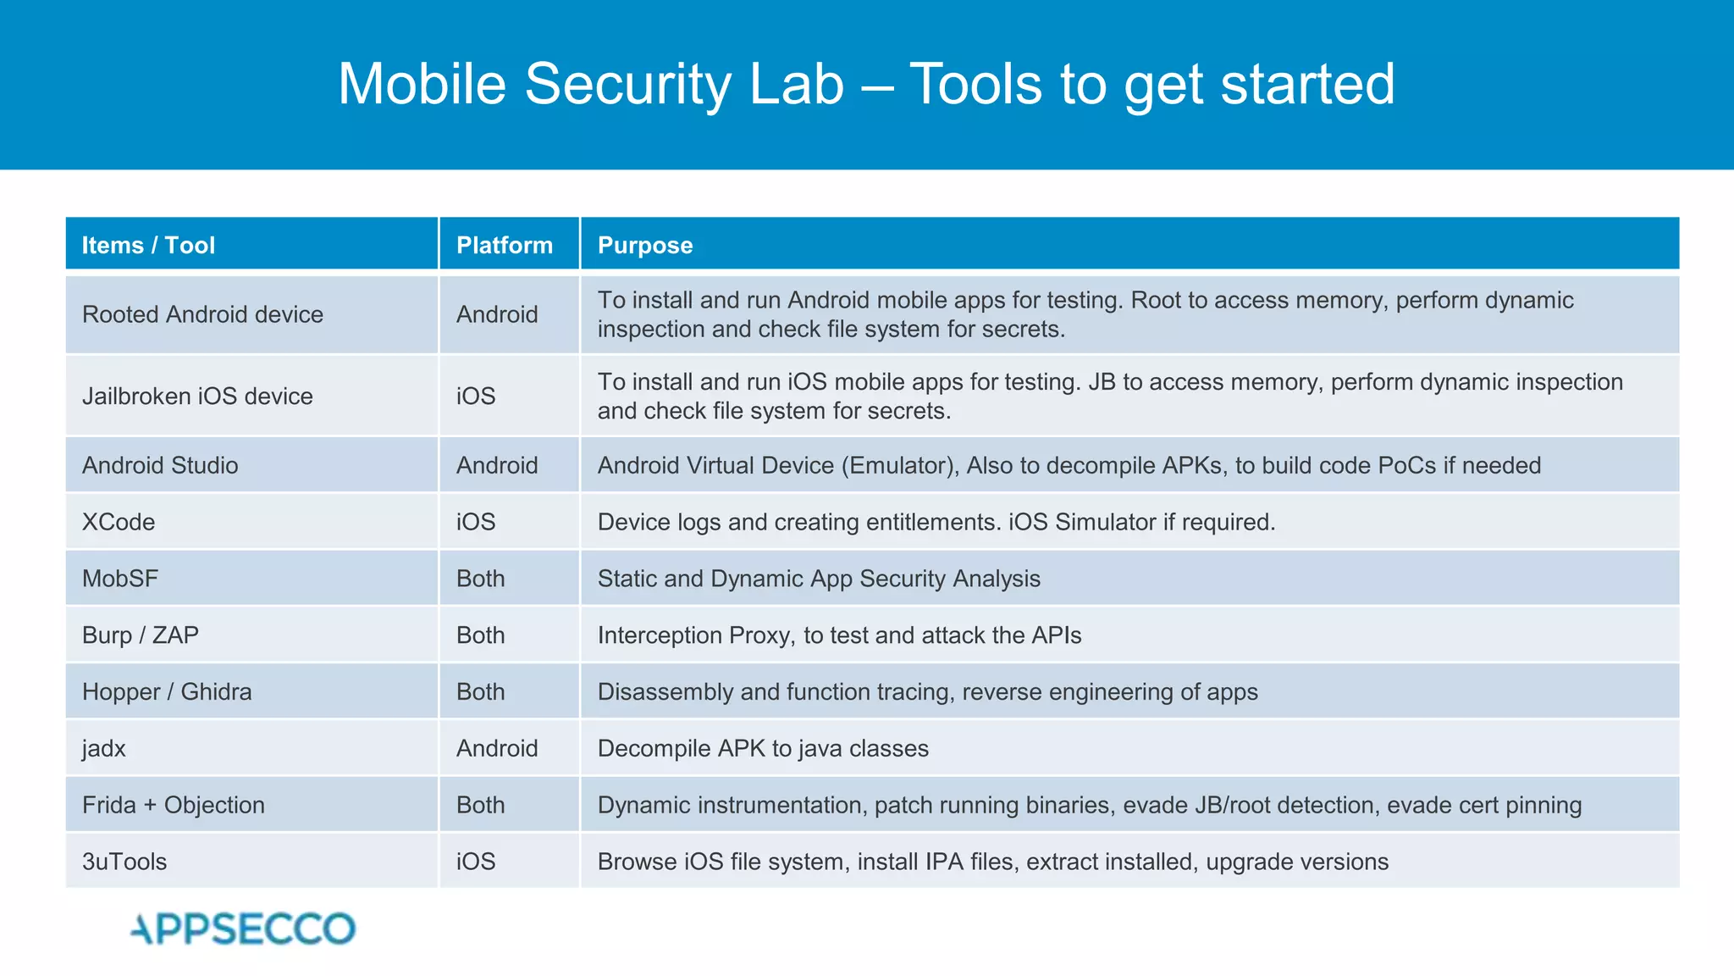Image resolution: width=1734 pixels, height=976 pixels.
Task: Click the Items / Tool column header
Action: [148, 245]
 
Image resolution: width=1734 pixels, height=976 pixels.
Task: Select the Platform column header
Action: [504, 245]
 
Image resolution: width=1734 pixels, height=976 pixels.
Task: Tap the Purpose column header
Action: [645, 245]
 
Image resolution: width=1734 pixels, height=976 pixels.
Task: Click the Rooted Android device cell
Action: [202, 314]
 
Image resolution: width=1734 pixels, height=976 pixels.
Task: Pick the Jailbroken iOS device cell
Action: [197, 396]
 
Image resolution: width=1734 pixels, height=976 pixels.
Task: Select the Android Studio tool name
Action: [160, 465]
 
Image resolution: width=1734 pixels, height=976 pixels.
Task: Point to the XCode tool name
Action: [119, 522]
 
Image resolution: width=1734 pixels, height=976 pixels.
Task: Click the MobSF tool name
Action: [120, 579]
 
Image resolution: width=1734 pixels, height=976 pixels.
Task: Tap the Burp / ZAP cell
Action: [141, 635]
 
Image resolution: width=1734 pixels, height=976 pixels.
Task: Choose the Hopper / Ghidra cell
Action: [167, 692]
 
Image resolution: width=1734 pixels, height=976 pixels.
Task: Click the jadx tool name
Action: [104, 749]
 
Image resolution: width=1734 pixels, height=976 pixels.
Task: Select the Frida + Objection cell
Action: [174, 805]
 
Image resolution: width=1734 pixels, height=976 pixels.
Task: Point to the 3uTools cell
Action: [124, 862]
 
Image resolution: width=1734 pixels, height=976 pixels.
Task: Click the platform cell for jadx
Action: [497, 749]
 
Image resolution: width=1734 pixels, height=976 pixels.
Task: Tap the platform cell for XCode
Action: [476, 522]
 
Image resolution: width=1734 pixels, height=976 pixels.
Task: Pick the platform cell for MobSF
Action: [480, 579]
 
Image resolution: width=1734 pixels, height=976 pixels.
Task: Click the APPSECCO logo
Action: [243, 929]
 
